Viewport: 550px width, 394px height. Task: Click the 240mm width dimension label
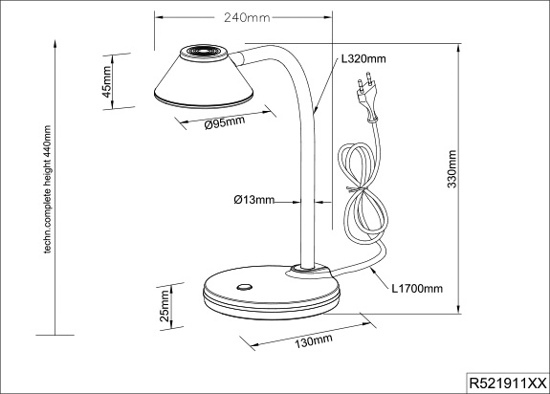(x=247, y=17)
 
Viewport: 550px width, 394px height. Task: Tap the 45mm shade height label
(x=107, y=81)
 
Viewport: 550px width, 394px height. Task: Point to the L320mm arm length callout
(x=363, y=59)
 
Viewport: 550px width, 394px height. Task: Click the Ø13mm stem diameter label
(x=253, y=200)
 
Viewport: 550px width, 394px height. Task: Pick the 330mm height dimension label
(x=452, y=169)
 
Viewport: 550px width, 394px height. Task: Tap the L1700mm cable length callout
(x=417, y=289)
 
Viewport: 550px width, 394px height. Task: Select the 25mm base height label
(x=165, y=306)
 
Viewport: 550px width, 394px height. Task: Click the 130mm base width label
(x=313, y=340)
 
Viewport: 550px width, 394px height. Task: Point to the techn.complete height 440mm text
(x=48, y=189)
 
